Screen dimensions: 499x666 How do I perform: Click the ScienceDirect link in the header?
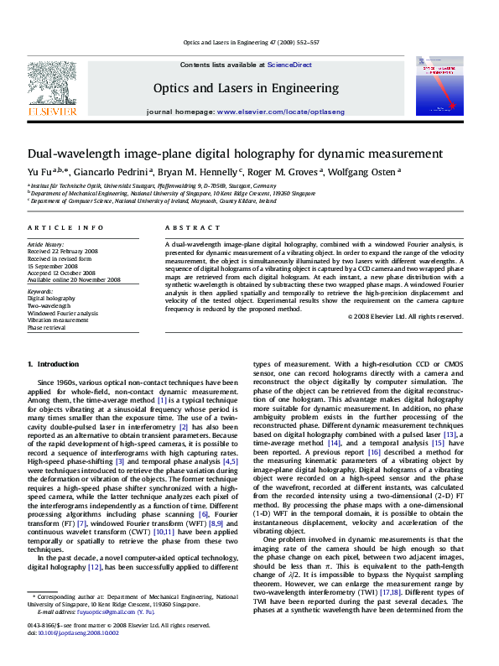click(289, 65)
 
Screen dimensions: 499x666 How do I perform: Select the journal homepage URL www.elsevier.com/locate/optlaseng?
click(268, 112)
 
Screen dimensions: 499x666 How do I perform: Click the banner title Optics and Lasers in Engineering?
click(246, 88)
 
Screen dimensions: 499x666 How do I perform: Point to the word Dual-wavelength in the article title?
click(69, 154)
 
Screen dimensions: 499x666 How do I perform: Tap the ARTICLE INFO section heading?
click(55, 228)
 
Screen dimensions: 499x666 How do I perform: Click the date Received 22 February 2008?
click(62, 251)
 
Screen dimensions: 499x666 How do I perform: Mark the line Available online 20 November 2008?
click(74, 280)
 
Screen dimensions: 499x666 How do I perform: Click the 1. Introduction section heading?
click(53, 364)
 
